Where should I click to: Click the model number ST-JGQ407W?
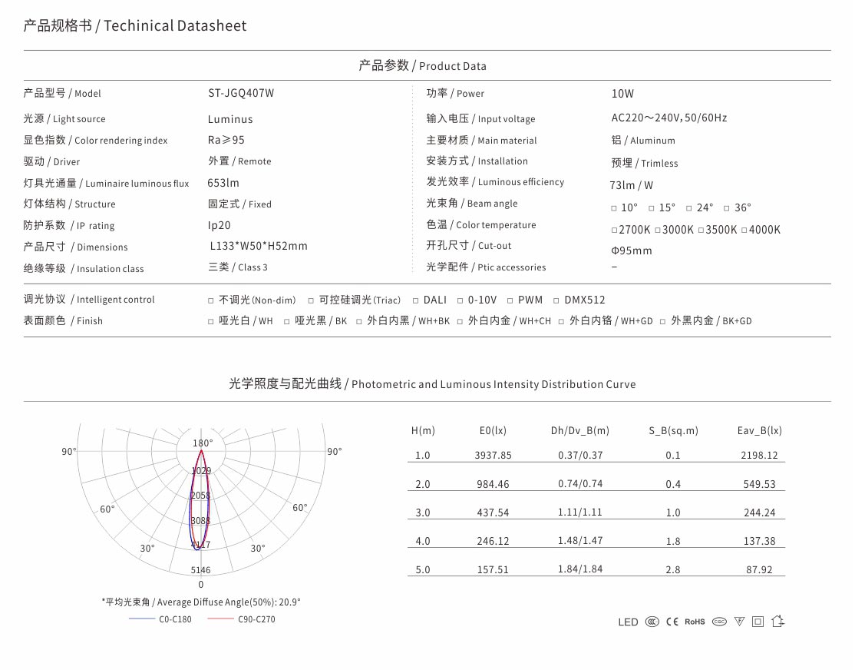tap(241, 94)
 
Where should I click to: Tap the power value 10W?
tap(622, 94)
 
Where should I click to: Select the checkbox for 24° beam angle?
tap(689, 208)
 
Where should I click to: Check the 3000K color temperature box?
tap(659, 231)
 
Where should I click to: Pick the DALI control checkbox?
tap(415, 300)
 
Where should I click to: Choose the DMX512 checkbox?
tap(556, 300)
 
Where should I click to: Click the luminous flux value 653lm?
tap(223, 183)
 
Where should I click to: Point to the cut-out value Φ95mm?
tap(631, 250)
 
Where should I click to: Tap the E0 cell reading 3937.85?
tap(493, 456)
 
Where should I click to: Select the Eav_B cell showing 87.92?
tap(759, 570)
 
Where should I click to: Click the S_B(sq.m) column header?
tap(673, 431)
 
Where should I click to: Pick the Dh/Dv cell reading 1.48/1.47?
tap(580, 542)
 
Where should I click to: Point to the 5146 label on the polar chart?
tap(200, 570)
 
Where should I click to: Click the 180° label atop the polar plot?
tap(203, 443)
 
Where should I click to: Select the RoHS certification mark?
tap(694, 622)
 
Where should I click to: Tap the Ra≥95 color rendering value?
tap(226, 141)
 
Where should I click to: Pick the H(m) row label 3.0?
tap(423, 513)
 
